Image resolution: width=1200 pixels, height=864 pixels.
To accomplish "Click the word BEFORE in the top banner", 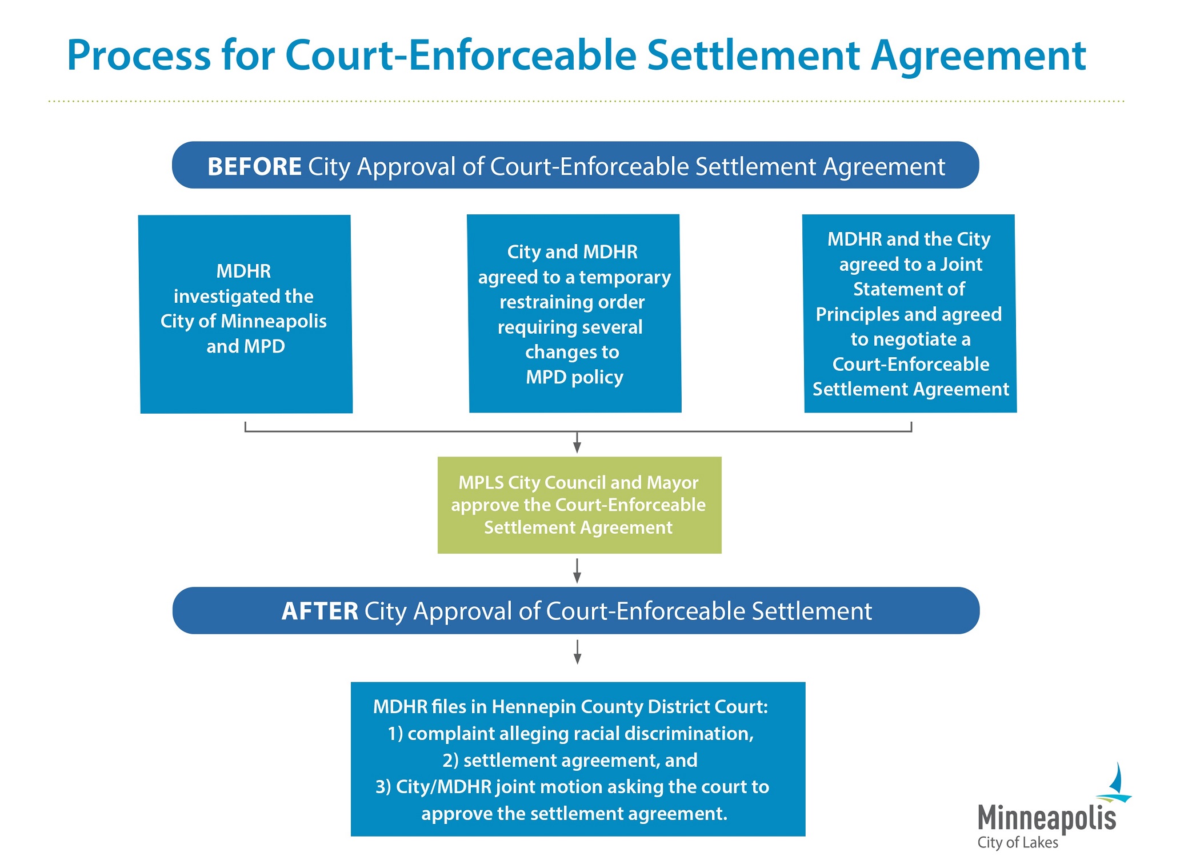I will pyautogui.click(x=254, y=167).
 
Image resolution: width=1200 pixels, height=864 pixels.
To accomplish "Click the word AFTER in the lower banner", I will pyautogui.click(x=319, y=611).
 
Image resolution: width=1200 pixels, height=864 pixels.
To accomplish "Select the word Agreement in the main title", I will pyautogui.click(x=978, y=55).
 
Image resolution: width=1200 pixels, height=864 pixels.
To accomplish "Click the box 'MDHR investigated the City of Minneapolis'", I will pyautogui.click(x=246, y=314).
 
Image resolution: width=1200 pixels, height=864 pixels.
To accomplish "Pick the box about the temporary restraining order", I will pyautogui.click(x=574, y=314).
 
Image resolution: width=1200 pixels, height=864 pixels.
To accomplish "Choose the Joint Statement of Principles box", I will pyautogui.click(x=910, y=314).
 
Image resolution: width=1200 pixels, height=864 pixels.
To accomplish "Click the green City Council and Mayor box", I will pyautogui.click(x=579, y=505).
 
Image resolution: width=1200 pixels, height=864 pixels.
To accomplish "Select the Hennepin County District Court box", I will pyautogui.click(x=578, y=759).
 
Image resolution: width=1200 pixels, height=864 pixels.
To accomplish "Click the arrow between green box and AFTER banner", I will pyautogui.click(x=577, y=571).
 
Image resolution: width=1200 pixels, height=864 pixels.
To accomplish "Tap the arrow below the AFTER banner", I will pyautogui.click(x=577, y=652).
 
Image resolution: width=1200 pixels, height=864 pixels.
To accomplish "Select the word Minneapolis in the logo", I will pyautogui.click(x=1046, y=818).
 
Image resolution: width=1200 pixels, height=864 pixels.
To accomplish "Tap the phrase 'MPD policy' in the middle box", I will pyautogui.click(x=574, y=377).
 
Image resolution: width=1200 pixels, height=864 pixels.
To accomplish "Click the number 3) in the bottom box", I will pyautogui.click(x=383, y=787).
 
